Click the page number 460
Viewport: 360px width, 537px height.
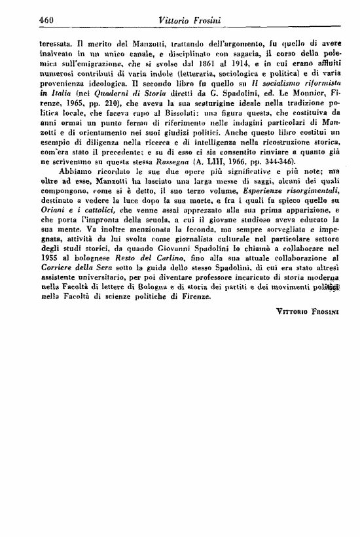tap(46, 21)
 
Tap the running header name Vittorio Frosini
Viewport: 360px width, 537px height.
tap(189, 21)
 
